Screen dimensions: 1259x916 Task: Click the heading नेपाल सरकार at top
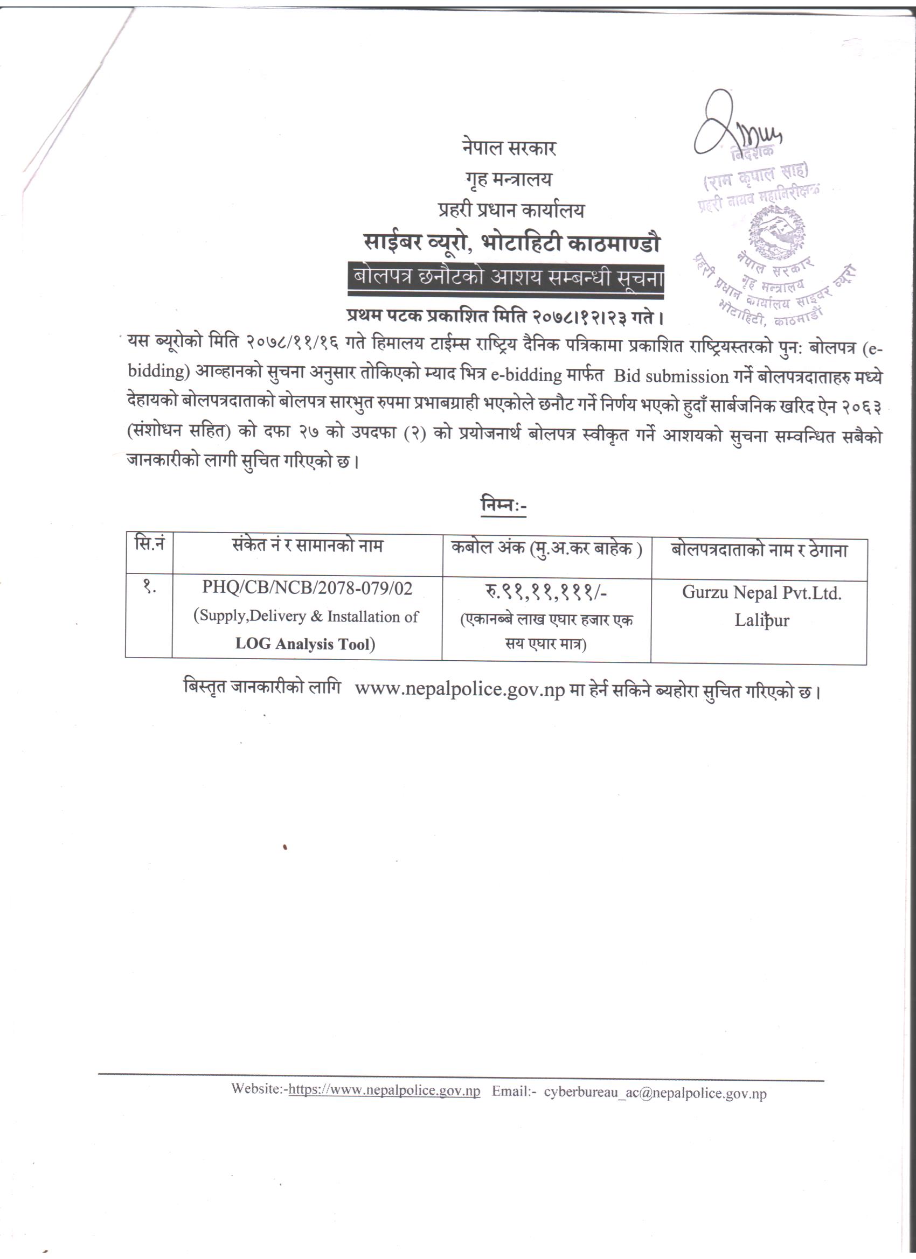[x=508, y=148]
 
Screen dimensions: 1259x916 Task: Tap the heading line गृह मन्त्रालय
[x=508, y=179]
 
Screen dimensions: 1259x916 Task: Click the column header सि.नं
[x=149, y=543]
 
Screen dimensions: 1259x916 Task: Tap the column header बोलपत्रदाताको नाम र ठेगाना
[x=759, y=551]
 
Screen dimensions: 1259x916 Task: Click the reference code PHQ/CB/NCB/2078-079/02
[x=307, y=589]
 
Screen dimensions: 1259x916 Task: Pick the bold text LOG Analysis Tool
[x=305, y=644]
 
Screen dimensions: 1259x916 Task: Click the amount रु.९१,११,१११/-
[x=546, y=593]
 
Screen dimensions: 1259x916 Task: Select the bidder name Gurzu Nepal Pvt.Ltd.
[x=761, y=593]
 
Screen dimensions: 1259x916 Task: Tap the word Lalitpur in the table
[x=761, y=621]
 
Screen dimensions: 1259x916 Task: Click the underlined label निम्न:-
[x=503, y=506]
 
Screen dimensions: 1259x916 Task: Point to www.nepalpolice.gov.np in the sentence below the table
[x=460, y=690]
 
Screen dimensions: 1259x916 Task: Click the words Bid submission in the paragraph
[x=670, y=376]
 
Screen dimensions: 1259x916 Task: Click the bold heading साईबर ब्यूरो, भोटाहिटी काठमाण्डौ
[x=511, y=244]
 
